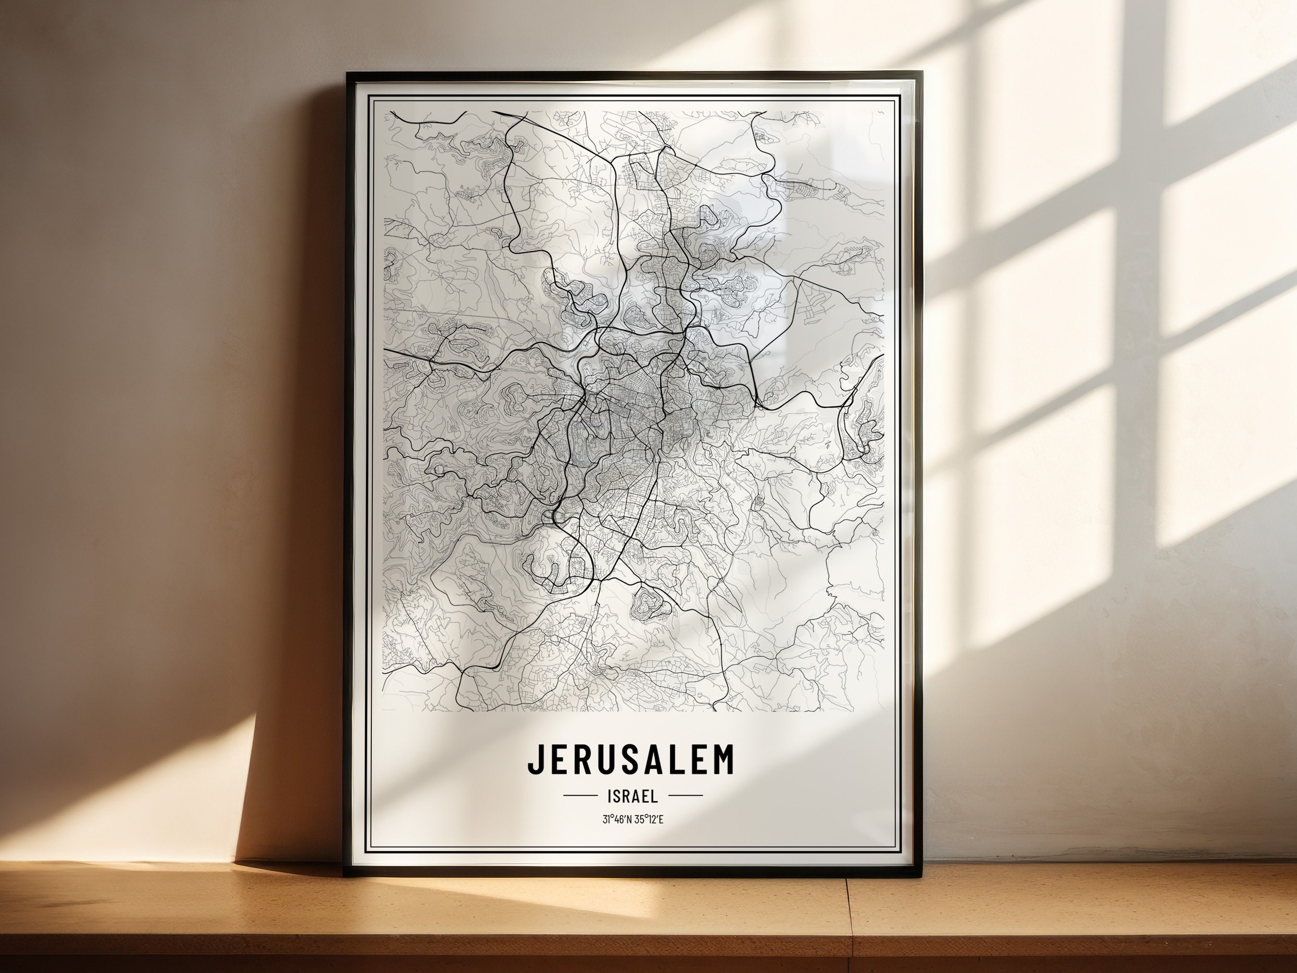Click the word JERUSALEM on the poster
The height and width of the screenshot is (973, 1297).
coord(631,760)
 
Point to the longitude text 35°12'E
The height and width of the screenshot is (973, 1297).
coord(649,819)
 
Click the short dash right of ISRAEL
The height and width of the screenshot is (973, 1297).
coord(685,796)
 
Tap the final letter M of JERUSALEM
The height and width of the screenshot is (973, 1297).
coord(723,760)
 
